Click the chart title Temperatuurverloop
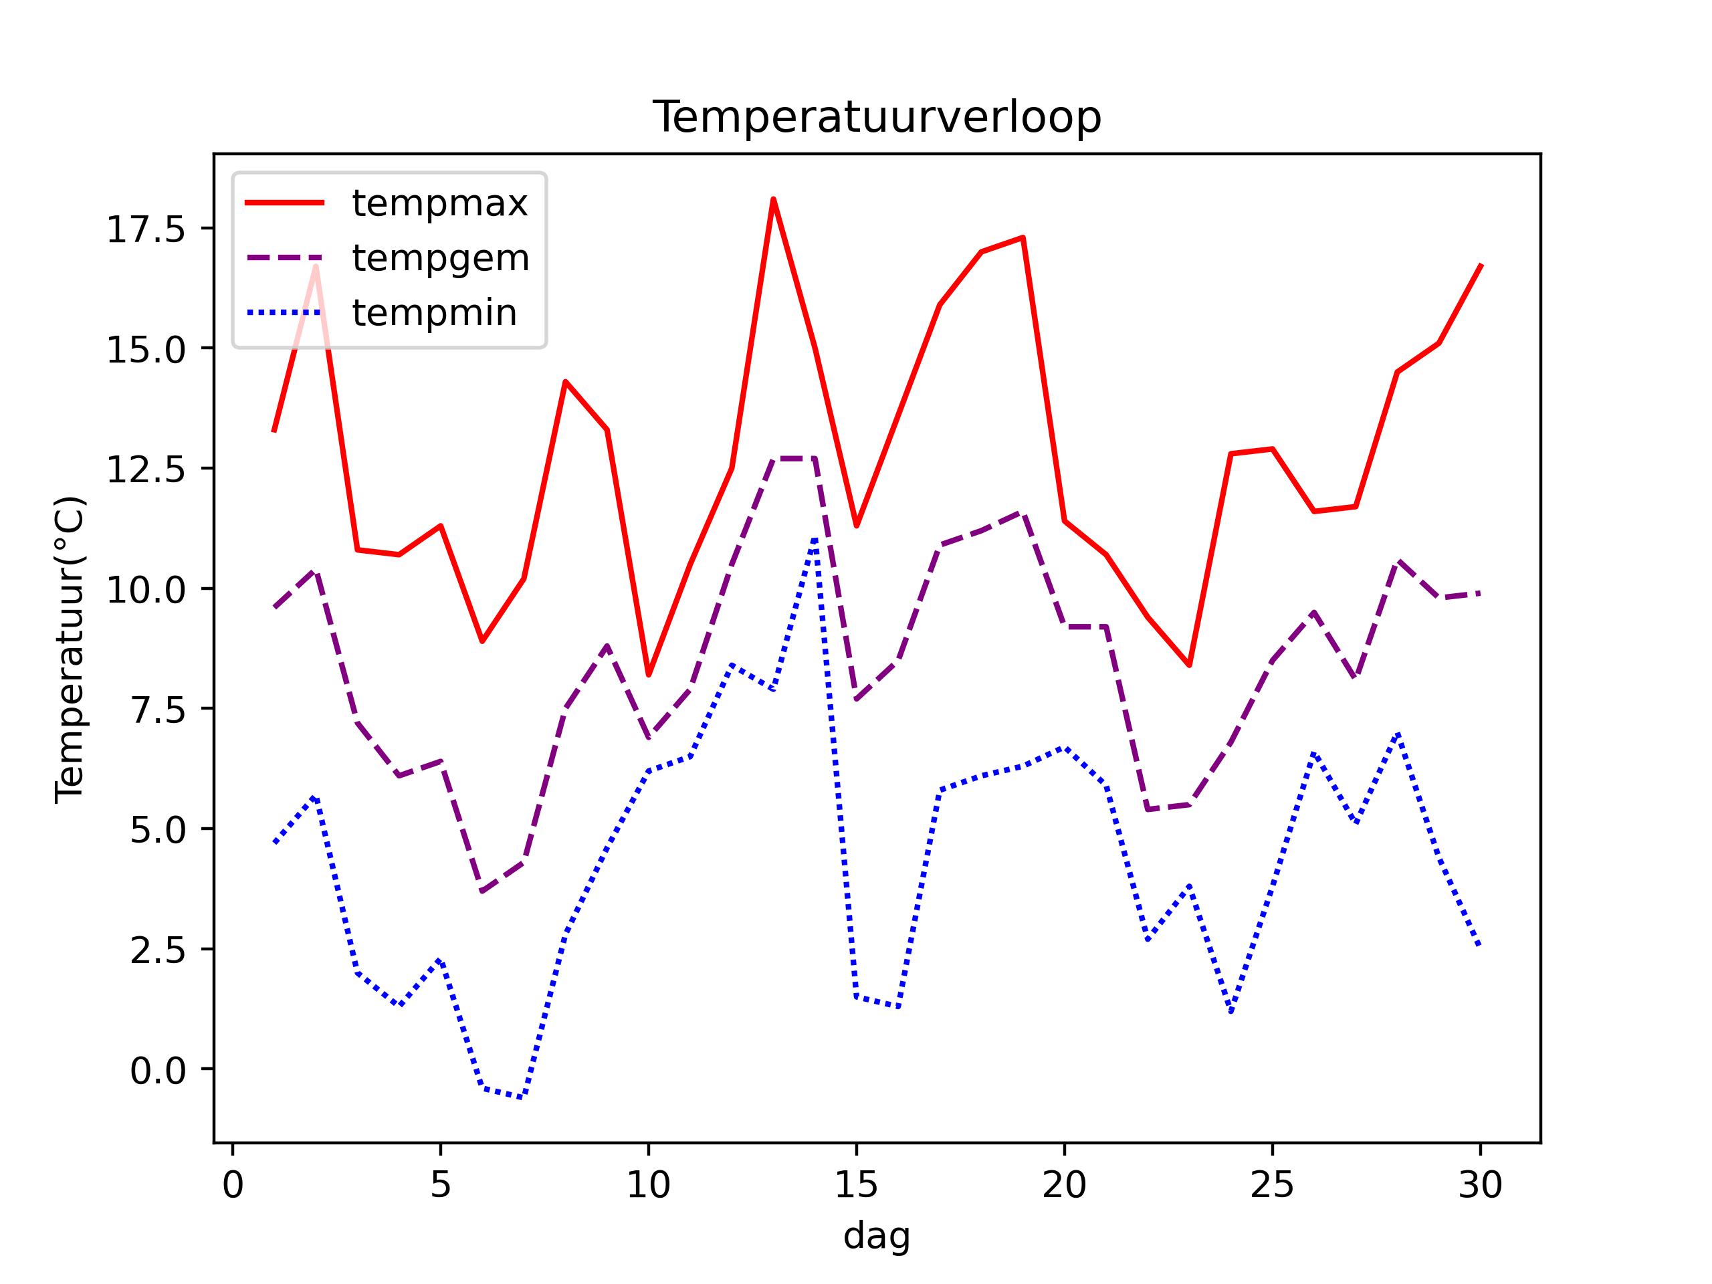point(877,118)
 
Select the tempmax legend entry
point(439,203)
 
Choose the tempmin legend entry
point(434,313)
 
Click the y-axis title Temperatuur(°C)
point(70,649)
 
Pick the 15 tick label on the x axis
point(856,1185)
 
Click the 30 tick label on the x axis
point(1480,1185)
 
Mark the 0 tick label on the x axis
point(233,1185)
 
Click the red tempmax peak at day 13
point(773,200)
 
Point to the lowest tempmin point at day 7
point(523,1097)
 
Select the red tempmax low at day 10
point(649,675)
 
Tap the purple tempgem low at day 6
point(482,891)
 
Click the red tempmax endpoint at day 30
point(1481,265)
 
